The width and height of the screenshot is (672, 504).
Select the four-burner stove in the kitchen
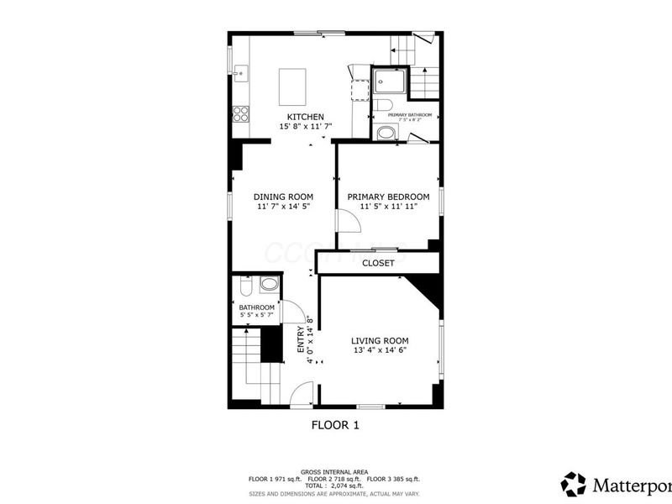pos(241,113)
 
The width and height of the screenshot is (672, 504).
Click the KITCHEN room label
pos(305,117)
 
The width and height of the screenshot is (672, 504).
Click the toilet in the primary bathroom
pos(383,106)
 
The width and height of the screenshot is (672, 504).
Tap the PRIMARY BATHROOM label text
pos(409,115)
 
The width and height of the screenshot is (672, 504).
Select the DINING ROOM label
pos(283,197)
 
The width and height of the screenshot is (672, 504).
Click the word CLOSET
pos(378,263)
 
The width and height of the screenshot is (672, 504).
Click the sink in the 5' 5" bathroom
pos(269,285)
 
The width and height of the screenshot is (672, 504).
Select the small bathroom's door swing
pos(292,312)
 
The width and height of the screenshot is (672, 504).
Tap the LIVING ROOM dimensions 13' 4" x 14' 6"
pos(380,350)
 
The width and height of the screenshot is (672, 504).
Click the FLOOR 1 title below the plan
pos(335,425)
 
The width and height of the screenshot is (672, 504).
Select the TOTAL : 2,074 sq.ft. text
pos(335,486)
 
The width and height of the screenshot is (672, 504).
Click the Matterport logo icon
pos(574,485)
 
